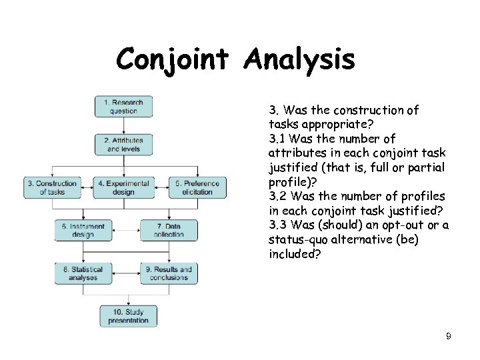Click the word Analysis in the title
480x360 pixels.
coord(299,60)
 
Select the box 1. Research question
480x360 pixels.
coord(123,107)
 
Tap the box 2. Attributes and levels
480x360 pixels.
coord(123,145)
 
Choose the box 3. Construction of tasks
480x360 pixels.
coord(52,187)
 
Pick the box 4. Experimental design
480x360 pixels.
coord(123,187)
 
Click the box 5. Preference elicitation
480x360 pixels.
coord(197,187)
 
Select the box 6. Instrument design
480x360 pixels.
coord(83,231)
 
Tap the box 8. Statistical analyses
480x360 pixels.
coord(83,273)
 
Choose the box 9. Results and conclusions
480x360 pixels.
coord(169,273)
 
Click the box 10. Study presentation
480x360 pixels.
coord(129,316)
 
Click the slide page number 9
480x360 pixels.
coord(449,337)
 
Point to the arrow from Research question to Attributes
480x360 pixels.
coord(123,125)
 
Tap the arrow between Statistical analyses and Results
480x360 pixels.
coord(126,273)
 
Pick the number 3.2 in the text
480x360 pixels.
coord(278,197)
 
